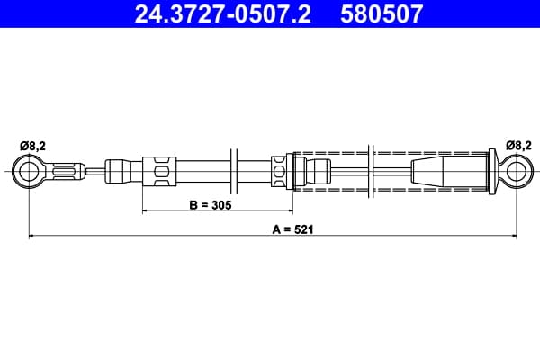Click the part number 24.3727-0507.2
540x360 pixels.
point(223,13)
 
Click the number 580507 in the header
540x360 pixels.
point(382,13)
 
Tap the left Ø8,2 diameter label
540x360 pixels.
point(32,146)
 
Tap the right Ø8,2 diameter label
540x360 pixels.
point(518,146)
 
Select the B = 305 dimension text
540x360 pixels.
point(211,205)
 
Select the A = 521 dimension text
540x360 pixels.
point(293,229)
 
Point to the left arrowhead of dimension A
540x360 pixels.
point(31,236)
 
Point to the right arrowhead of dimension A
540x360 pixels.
point(514,236)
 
